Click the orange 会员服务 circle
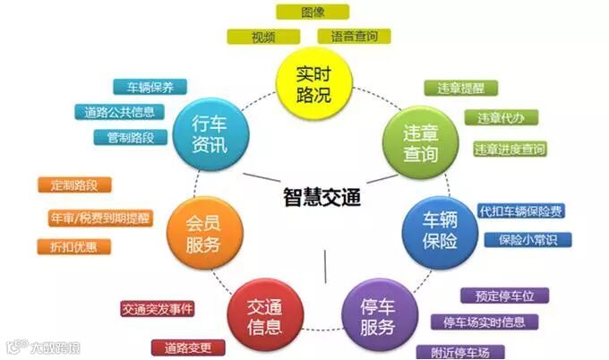(203, 232)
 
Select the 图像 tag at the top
(313, 12)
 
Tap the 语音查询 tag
(354, 36)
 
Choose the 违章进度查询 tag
(509, 149)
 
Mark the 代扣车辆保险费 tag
(521, 210)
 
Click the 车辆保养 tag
(150, 87)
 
